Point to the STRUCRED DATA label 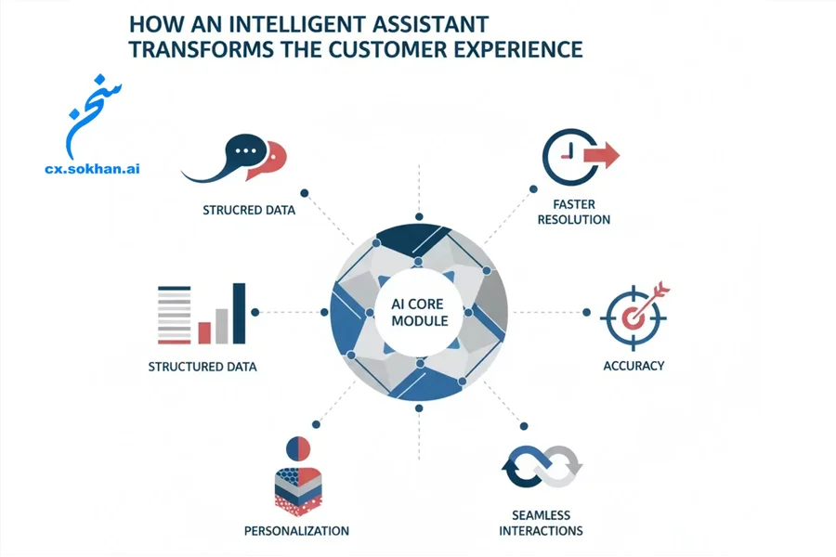(x=249, y=210)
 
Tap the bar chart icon (x=202, y=314)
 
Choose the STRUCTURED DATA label (x=202, y=367)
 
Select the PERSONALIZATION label (x=296, y=531)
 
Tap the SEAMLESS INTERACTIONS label (x=541, y=523)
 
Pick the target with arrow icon (x=635, y=314)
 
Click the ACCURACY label (x=634, y=366)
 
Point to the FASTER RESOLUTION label (x=574, y=211)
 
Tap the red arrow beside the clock (x=604, y=155)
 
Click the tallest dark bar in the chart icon (x=239, y=313)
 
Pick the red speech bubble (x=272, y=158)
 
